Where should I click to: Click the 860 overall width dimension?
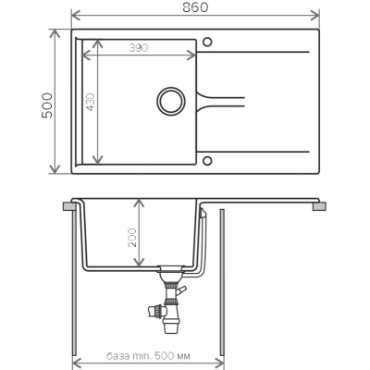(x=195, y=7)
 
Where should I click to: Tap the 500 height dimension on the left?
(x=47, y=105)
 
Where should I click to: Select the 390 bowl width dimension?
(x=139, y=48)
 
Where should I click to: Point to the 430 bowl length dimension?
(x=91, y=102)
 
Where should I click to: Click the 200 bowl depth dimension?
(x=132, y=238)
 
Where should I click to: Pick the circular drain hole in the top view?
(x=171, y=101)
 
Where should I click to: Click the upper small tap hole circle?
(x=207, y=42)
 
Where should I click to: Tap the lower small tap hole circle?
(x=207, y=161)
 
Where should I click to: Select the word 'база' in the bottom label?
(x=117, y=356)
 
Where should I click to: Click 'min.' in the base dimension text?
(x=142, y=356)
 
